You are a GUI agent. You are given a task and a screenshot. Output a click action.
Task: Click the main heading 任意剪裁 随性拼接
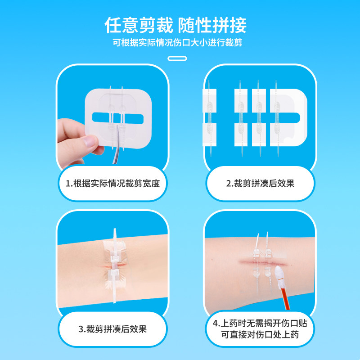175,25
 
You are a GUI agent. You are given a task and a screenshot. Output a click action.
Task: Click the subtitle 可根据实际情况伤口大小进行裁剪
177,43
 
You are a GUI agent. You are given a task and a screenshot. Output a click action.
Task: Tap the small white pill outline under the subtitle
177,58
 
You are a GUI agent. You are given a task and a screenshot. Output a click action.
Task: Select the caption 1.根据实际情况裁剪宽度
113,184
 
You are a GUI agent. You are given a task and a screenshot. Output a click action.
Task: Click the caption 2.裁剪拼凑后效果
260,184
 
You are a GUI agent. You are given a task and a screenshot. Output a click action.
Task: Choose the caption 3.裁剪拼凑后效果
113,329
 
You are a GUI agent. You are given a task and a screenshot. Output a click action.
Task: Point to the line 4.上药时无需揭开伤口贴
260,323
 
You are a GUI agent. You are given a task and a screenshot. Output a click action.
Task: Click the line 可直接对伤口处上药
260,334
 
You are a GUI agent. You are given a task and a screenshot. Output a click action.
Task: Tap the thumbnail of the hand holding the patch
113,118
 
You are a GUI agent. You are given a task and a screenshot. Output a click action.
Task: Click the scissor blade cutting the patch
116,144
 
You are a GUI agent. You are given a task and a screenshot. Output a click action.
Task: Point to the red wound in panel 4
263,262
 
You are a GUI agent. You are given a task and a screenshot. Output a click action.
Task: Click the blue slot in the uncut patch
118,118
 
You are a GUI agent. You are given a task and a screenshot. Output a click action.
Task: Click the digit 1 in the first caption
67,184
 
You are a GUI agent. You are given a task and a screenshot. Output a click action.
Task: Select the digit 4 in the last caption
215,324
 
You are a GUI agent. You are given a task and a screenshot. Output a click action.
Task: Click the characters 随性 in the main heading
194,25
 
